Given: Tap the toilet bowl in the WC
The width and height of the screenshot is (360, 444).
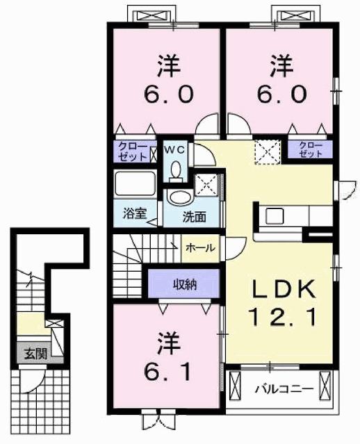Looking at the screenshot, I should pos(175,169).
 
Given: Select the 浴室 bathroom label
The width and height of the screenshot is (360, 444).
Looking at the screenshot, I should pos(135,214).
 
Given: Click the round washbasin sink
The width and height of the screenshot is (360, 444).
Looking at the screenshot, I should pos(179,197).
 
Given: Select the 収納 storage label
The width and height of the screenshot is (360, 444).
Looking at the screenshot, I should pos(184,283).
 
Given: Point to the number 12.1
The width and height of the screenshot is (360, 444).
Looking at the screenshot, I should pos(284,318).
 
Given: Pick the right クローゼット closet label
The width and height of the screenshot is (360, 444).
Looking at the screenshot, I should pos(311,149).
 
